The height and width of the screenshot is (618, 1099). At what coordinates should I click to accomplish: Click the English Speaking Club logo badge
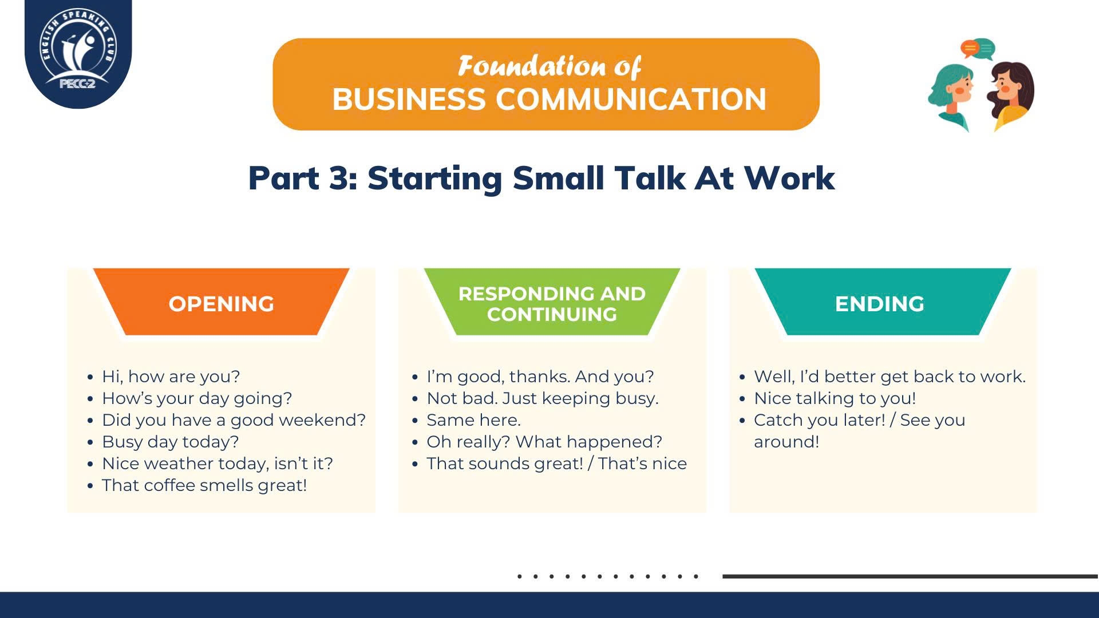(78, 53)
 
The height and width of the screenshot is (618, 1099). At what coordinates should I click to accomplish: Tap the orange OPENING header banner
(222, 302)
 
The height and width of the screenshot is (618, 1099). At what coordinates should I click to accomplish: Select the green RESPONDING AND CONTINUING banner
(552, 302)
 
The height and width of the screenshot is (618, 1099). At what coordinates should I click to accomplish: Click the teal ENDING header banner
(883, 302)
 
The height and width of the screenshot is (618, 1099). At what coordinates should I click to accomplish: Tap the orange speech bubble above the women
(969, 49)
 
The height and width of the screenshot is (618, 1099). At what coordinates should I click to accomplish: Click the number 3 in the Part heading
(342, 178)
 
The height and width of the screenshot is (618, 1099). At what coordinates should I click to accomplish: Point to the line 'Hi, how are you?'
(171, 377)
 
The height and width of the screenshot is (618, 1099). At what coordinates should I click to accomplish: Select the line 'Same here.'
(473, 420)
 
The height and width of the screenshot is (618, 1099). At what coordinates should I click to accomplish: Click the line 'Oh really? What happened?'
(544, 442)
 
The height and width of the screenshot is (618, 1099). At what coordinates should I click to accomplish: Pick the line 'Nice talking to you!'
(835, 398)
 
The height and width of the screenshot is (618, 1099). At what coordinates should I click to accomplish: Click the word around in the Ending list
(786, 442)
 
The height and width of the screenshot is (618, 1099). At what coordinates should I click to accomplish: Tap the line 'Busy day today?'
(171, 442)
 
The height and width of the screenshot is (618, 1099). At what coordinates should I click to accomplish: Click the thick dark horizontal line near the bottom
(911, 576)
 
